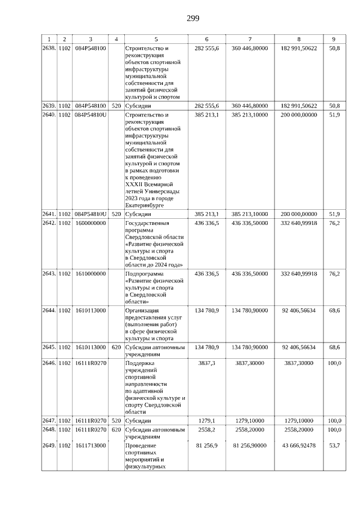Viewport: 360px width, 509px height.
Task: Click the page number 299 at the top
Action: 193,18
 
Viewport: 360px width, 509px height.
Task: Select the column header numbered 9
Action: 334,39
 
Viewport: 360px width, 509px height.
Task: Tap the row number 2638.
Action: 49,48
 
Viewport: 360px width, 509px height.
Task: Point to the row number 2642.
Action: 49,223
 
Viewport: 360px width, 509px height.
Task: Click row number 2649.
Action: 49,445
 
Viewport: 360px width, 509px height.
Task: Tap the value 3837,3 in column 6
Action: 207,363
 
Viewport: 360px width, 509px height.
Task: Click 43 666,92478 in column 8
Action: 298,445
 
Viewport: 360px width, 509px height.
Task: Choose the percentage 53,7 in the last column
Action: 334,445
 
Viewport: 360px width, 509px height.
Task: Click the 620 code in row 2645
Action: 116,346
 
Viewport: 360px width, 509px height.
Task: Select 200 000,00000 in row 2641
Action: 298,214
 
